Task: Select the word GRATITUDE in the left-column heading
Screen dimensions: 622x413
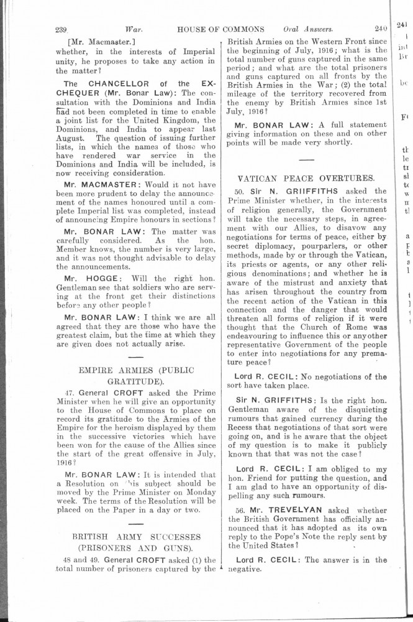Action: (x=132, y=381)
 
